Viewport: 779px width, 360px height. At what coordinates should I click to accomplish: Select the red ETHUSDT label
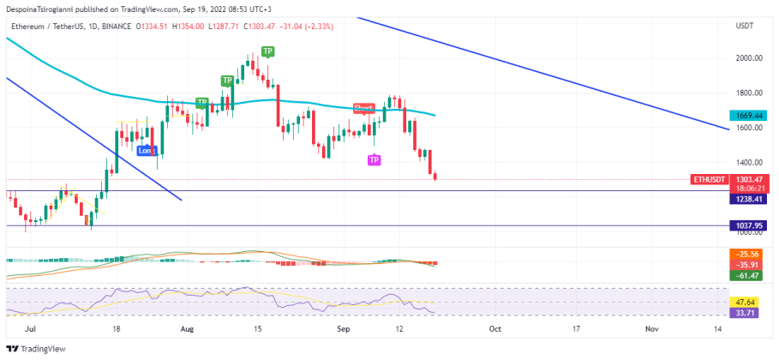[x=709, y=180]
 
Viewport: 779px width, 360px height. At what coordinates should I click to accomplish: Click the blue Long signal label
[x=147, y=150]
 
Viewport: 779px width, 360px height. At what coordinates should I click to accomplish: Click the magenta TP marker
[x=374, y=160]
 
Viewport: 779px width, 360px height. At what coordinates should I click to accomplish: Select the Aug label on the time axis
[x=187, y=328]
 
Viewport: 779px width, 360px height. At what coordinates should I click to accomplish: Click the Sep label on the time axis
[x=343, y=328]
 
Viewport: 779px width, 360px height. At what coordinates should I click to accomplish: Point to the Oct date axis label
[x=494, y=328]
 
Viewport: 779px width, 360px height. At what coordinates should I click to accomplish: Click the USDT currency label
[x=744, y=27]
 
